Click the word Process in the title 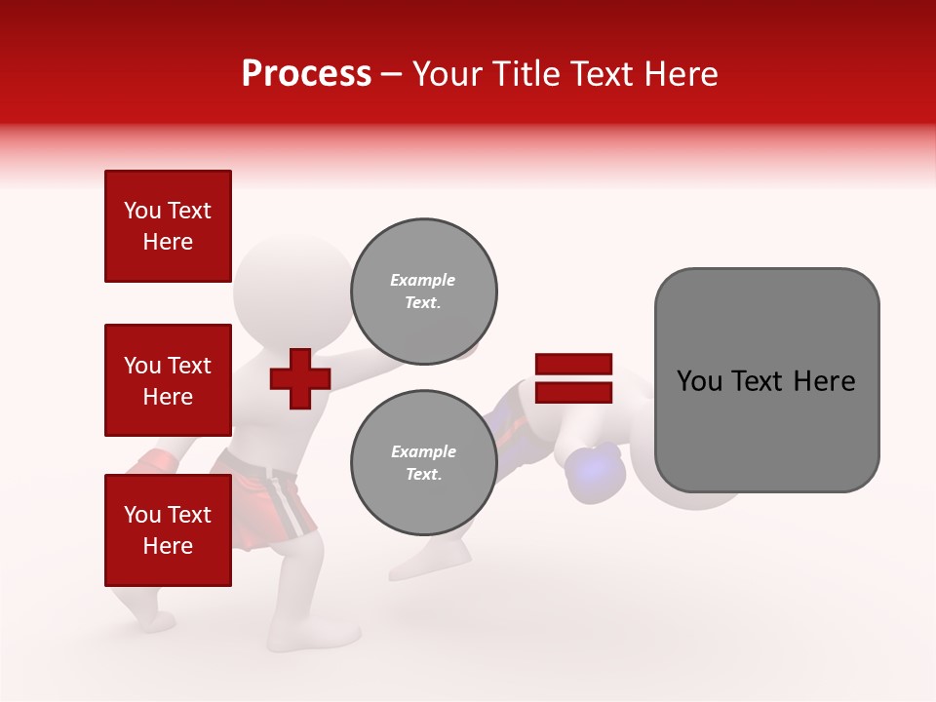pyautogui.click(x=306, y=73)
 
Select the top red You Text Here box pyautogui.click(x=168, y=226)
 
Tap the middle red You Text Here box pyautogui.click(x=168, y=380)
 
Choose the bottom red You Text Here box pyautogui.click(x=168, y=530)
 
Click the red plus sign pyautogui.click(x=300, y=377)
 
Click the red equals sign pyautogui.click(x=573, y=378)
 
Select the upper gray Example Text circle pyautogui.click(x=423, y=292)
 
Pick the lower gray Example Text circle pyautogui.click(x=423, y=463)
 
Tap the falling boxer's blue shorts pyautogui.click(x=507, y=414)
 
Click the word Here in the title pyautogui.click(x=680, y=73)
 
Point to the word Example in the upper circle pyautogui.click(x=423, y=280)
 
